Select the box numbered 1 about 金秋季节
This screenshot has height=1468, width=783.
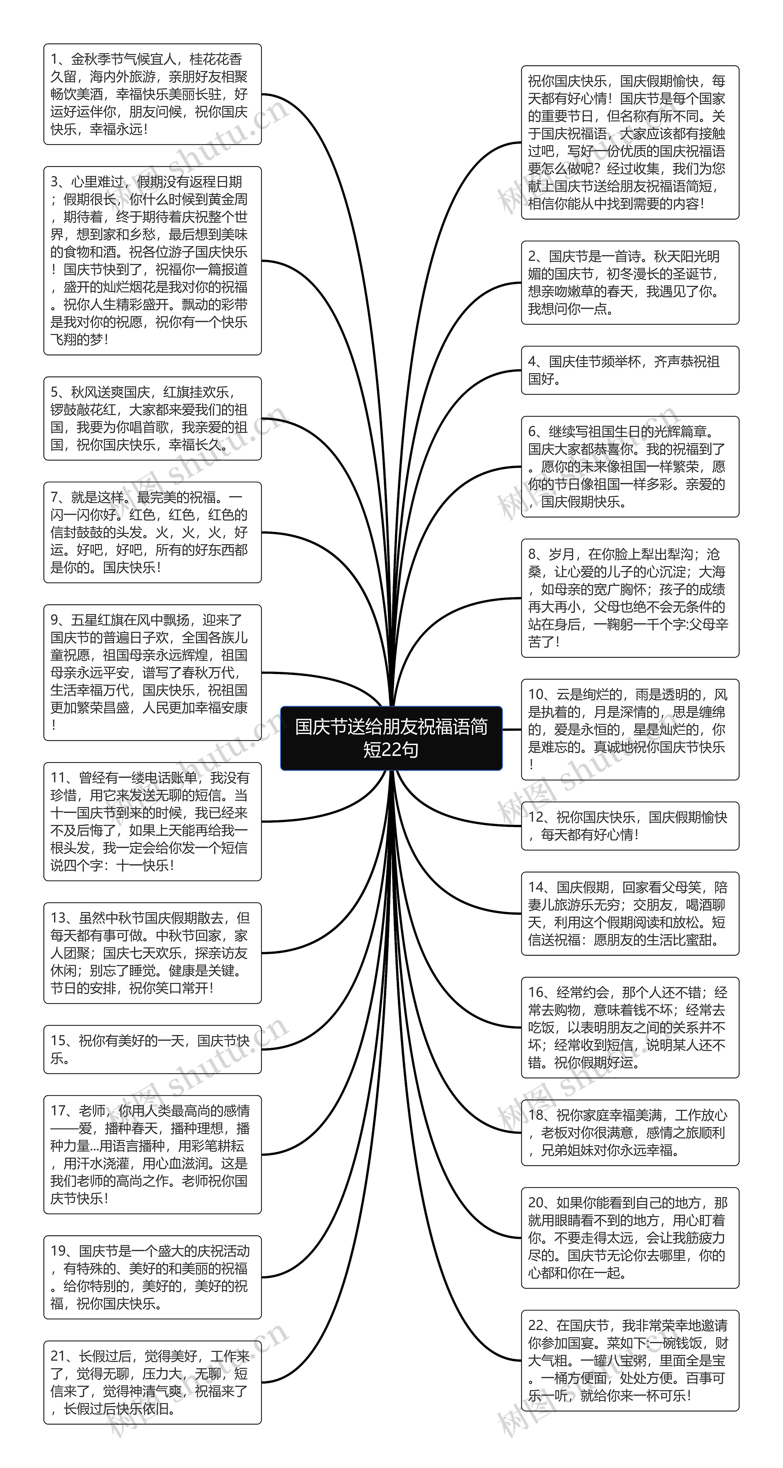point(152,94)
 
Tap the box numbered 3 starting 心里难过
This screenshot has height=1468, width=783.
point(152,261)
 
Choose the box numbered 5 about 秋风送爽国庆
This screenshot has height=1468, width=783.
point(152,418)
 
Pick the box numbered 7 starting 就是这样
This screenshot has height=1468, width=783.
point(152,532)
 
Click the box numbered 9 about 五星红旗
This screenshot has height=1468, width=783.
point(152,673)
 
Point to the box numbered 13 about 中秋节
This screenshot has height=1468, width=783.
point(152,953)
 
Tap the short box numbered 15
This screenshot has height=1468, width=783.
point(152,1049)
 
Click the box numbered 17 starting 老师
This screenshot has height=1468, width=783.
point(152,1155)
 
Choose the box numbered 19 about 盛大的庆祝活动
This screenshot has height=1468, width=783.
point(152,1277)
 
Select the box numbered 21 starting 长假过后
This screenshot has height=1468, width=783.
point(152,1382)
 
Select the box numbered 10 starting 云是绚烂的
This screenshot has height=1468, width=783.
point(630,729)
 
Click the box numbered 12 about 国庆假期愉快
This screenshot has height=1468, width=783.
point(630,826)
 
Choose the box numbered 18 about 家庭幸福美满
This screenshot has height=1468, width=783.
point(630,1132)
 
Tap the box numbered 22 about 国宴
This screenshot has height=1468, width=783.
point(630,1360)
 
